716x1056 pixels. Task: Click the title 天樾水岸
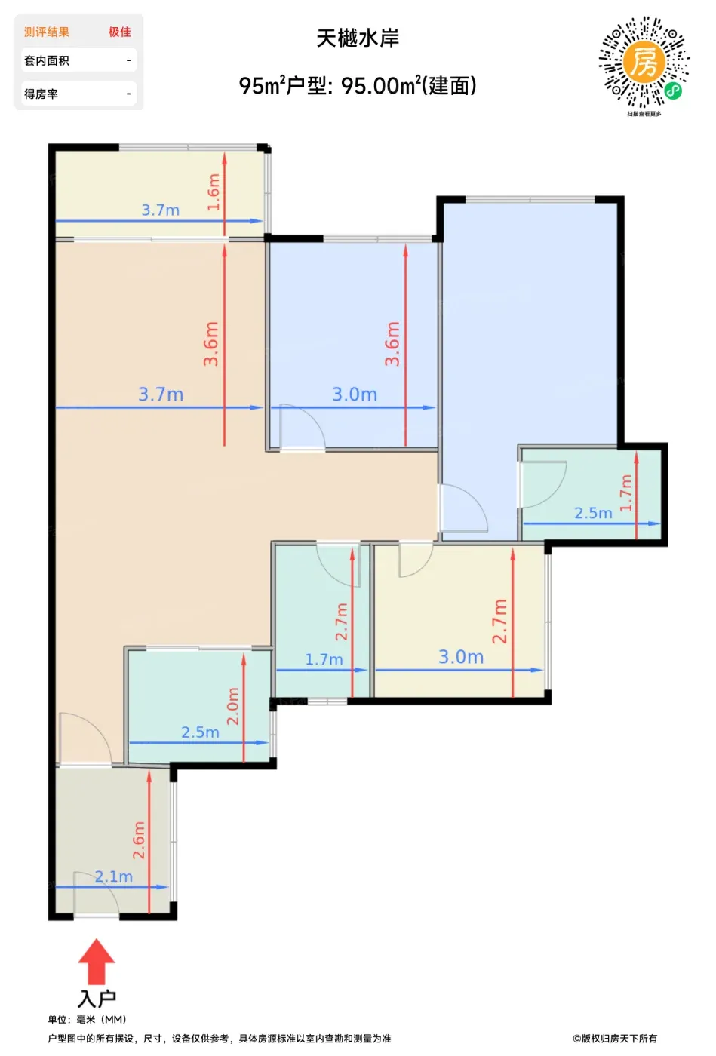coord(358,38)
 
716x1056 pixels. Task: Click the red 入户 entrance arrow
coord(97,961)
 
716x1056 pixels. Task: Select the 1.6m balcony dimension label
coord(214,192)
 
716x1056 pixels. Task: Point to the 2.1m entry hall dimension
coord(114,876)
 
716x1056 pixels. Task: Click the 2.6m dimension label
coord(138,840)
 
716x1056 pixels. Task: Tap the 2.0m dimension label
coord(233,706)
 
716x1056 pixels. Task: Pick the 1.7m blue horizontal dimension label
coord(324,659)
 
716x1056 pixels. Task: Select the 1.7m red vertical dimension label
coord(625,493)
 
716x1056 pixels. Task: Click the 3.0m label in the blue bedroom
coord(355,394)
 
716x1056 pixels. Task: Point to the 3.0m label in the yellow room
coord(461,657)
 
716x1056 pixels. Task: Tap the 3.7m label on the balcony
coord(161,210)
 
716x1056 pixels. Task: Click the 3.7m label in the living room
coord(161,394)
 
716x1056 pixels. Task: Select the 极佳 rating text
coord(120,32)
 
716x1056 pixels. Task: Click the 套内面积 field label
coord(47,61)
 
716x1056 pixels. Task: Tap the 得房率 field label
coord(41,94)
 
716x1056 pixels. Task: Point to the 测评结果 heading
coord(47,32)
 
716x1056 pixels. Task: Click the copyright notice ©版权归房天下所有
coord(615,1038)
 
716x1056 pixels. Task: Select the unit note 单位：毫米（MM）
coord(88,1019)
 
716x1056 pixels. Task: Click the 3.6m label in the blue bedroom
coord(392,344)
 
